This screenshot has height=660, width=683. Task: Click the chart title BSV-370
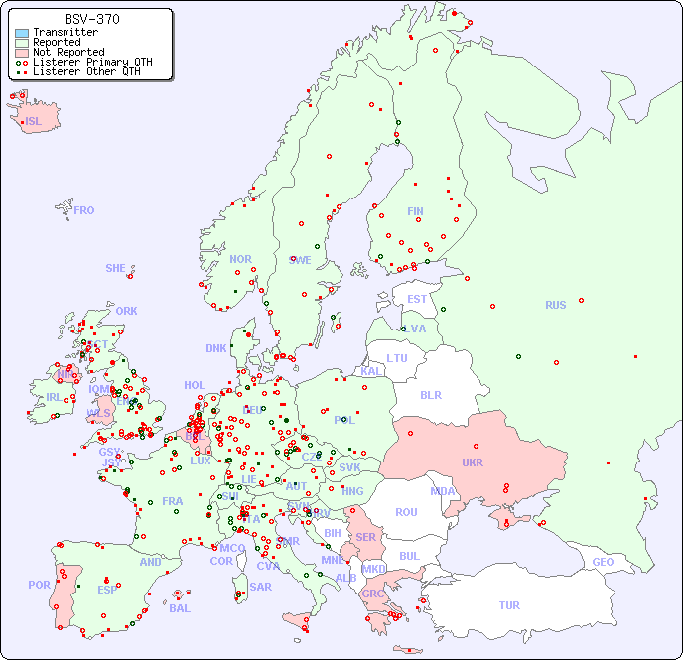[x=92, y=19]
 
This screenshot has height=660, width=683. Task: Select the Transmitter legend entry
[x=65, y=32]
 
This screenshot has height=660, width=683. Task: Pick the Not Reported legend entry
[x=68, y=52]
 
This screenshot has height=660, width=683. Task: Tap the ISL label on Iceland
[x=34, y=122]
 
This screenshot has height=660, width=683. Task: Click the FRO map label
[x=84, y=210]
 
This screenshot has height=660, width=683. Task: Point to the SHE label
[x=116, y=268]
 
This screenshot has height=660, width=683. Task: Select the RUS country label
[x=555, y=305]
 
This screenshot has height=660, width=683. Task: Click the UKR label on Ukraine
[x=473, y=462]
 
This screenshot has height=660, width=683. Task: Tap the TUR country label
[x=509, y=605]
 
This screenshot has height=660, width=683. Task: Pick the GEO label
[x=603, y=562]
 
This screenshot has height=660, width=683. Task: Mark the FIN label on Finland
[x=415, y=211]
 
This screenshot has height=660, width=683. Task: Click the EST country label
[x=417, y=299]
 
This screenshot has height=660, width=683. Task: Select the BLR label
[x=431, y=394]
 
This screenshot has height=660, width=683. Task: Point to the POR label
[x=39, y=585]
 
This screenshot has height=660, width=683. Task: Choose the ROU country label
[x=406, y=512]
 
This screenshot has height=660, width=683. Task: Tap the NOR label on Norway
[x=240, y=259]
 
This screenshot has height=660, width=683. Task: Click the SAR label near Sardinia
[x=261, y=586]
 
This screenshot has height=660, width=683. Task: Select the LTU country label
[x=397, y=358]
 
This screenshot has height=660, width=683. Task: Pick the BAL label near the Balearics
[x=180, y=608]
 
